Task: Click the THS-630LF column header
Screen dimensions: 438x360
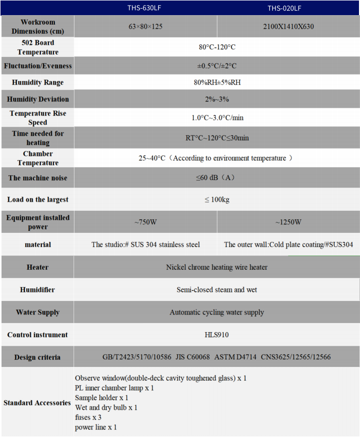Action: (x=145, y=8)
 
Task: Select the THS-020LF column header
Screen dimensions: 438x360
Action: (x=288, y=8)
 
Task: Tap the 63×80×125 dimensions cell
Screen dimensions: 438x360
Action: (x=145, y=26)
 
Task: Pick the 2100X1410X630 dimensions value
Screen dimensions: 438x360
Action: (x=288, y=26)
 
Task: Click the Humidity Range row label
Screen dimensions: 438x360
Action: (x=38, y=83)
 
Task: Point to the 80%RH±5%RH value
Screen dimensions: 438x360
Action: (x=217, y=83)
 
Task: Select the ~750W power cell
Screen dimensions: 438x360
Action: (x=145, y=222)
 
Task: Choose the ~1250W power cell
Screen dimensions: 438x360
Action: (x=288, y=222)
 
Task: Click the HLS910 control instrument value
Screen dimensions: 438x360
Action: (x=217, y=335)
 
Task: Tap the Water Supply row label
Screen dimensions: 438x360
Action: (x=38, y=312)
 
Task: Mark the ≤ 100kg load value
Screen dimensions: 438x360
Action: (x=217, y=200)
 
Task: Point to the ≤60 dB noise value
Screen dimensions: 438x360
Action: (x=217, y=178)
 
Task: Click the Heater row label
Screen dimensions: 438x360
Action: (x=38, y=267)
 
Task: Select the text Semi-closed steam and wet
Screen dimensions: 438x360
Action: (x=217, y=290)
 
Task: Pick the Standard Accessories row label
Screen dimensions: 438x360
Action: (x=37, y=403)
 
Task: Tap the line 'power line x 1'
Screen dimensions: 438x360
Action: (x=96, y=427)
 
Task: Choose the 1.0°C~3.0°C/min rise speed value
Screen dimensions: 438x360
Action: (x=217, y=118)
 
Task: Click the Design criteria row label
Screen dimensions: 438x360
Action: (x=38, y=357)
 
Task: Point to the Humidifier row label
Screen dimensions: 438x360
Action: (x=38, y=290)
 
